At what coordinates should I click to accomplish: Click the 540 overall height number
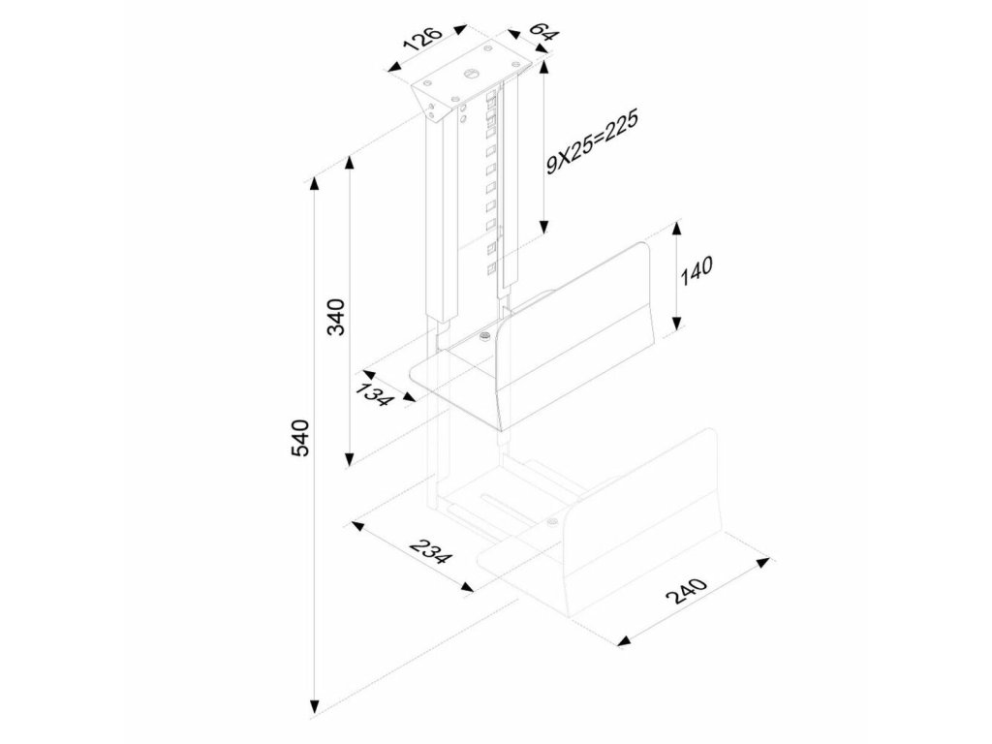pyautogui.click(x=299, y=438)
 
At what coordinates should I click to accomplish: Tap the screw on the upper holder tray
pyautogui.click(x=484, y=337)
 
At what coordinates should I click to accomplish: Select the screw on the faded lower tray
pyautogui.click(x=552, y=524)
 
